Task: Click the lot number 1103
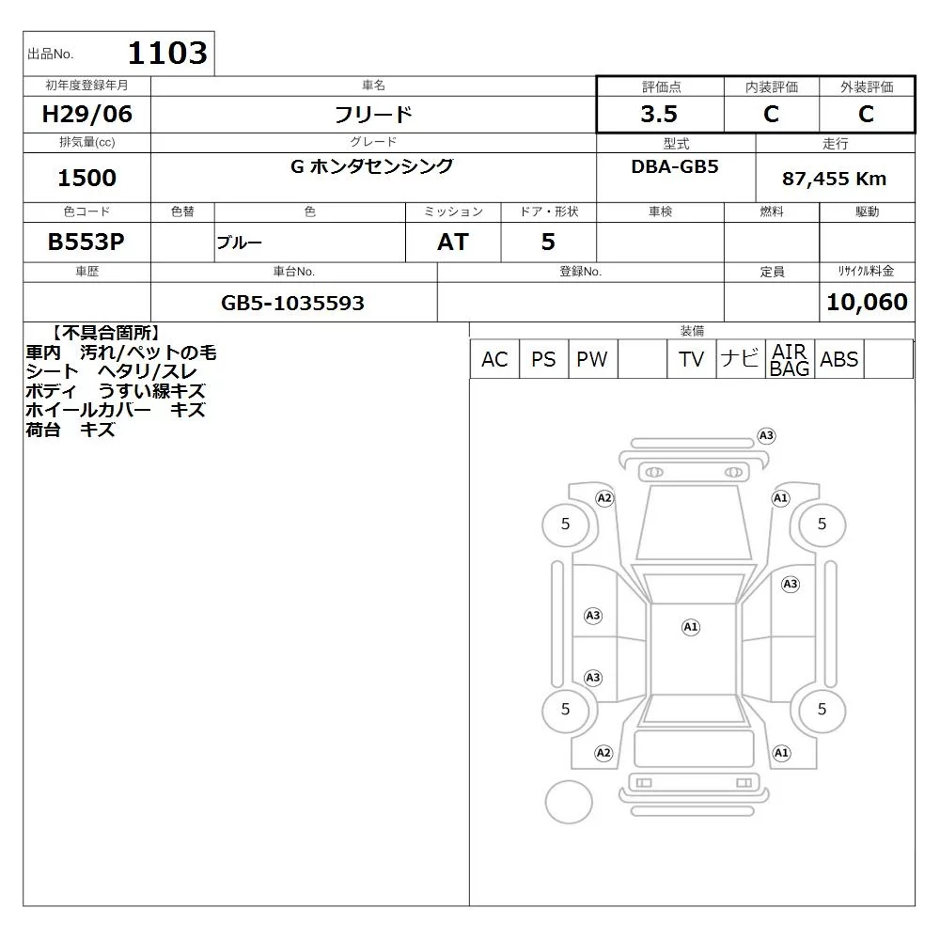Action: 167,53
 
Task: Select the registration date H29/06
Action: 86,114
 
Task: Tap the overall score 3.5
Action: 659,114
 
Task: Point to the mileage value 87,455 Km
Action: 834,179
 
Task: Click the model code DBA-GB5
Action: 674,166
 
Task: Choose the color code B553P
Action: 86,242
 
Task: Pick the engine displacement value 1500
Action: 86,178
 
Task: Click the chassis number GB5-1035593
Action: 292,303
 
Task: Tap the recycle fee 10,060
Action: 867,302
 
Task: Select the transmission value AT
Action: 453,242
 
